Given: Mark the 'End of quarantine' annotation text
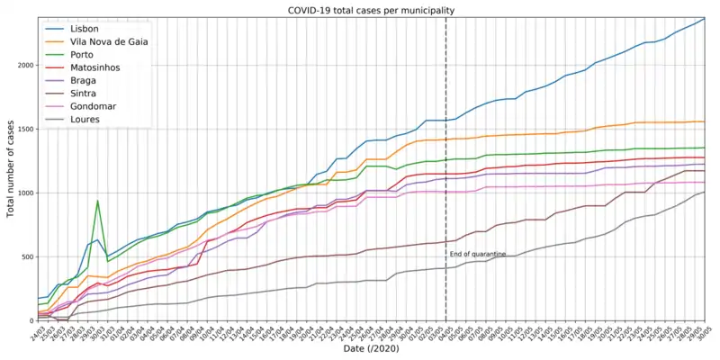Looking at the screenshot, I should [478, 255].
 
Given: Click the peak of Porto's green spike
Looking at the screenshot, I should [98, 201].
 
